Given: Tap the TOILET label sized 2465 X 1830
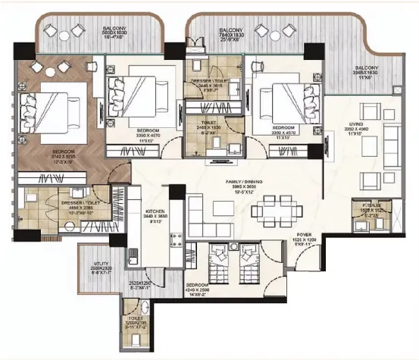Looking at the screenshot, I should [x=210, y=127].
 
